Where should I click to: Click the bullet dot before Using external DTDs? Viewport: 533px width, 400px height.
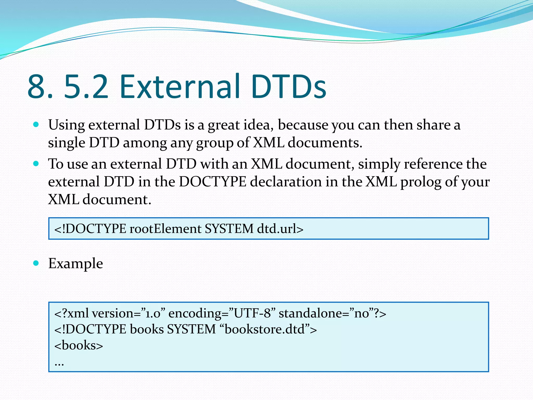click(x=36, y=124)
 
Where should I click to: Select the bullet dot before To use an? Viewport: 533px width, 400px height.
click(x=36, y=164)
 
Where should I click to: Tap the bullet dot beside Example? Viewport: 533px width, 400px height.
click(x=36, y=263)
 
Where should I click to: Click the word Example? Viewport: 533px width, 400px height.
click(x=75, y=264)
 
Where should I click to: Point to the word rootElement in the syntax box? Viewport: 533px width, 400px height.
click(x=165, y=229)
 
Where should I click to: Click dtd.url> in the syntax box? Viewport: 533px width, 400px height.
click(x=280, y=229)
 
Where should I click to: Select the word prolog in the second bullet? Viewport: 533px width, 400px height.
click(x=421, y=182)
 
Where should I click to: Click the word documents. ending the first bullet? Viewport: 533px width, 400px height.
click(x=325, y=143)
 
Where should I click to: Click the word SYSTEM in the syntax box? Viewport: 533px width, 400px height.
click(x=229, y=229)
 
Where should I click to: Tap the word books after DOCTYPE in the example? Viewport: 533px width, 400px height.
click(x=147, y=329)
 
